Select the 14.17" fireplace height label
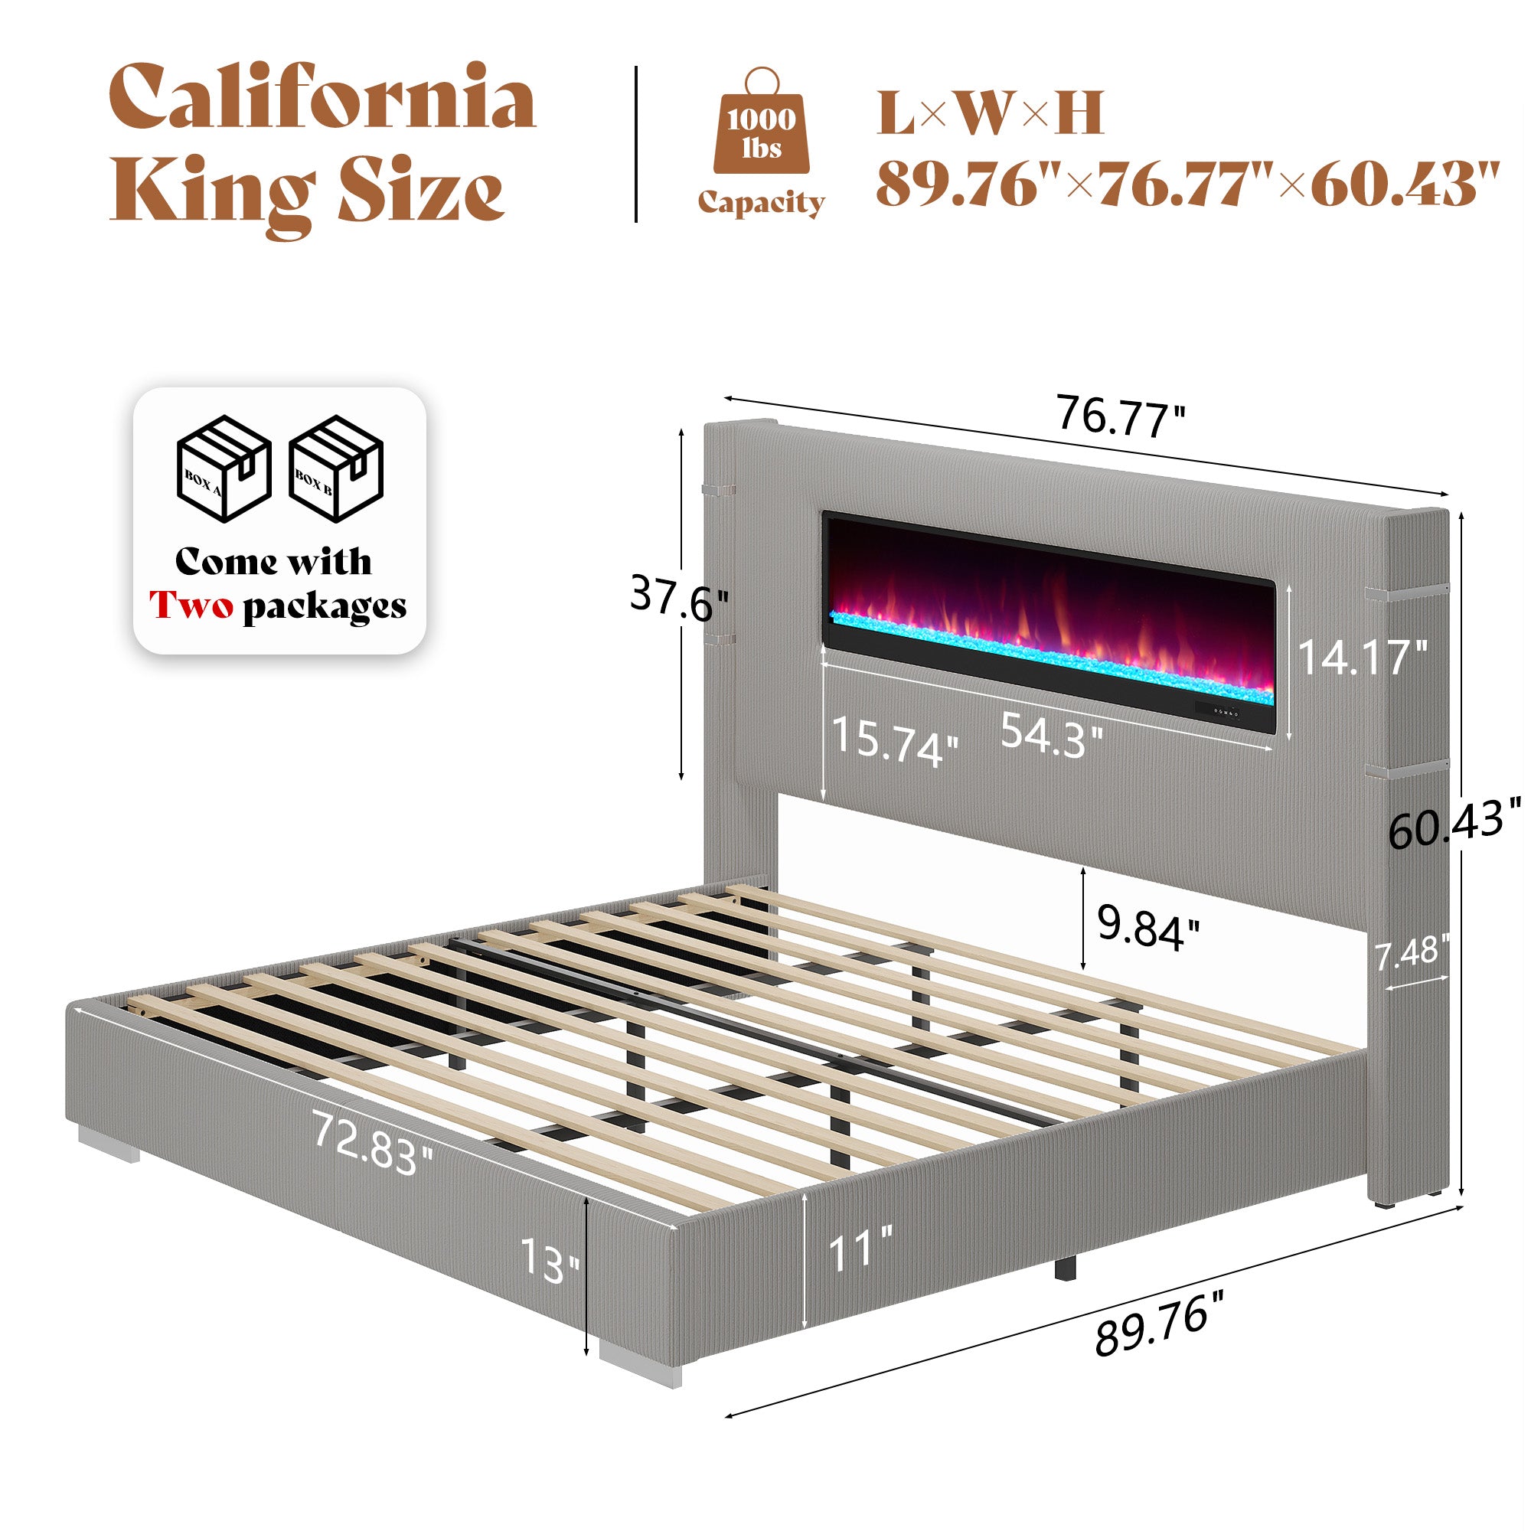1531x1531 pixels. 1361,657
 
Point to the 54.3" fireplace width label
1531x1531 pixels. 1051,735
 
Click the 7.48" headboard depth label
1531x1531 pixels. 1413,952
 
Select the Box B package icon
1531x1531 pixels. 336,468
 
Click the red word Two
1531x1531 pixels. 192,606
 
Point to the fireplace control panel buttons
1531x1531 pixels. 1225,711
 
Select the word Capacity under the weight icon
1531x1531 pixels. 761,203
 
